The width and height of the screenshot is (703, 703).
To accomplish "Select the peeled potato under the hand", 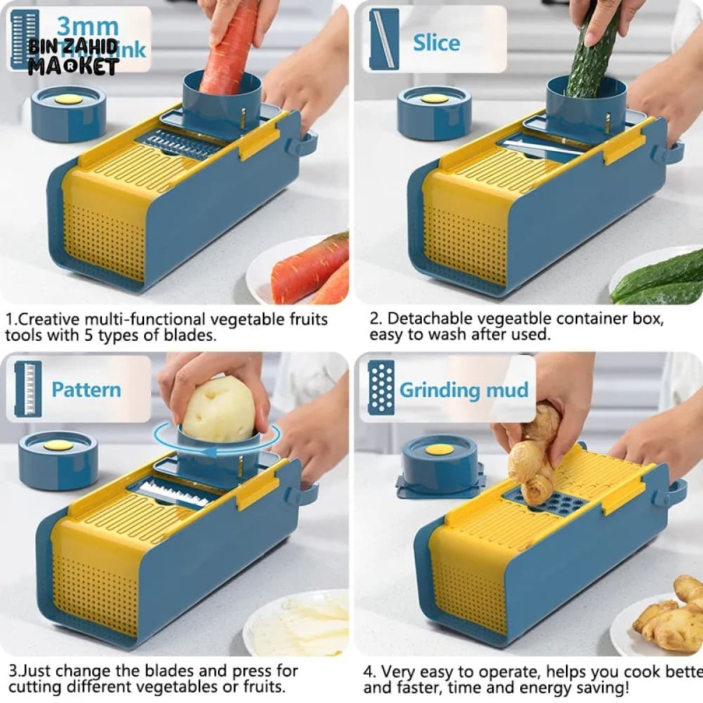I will point(219,410).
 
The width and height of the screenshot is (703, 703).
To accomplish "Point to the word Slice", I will point(436,42).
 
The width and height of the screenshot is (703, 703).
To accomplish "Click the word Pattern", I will point(86,389).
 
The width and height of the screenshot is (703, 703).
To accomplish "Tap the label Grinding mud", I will point(464,389).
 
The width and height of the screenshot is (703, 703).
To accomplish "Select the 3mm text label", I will point(87,27).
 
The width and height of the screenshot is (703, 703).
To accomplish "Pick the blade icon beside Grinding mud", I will point(381,387).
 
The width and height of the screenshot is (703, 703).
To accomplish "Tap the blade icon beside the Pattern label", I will point(28,387).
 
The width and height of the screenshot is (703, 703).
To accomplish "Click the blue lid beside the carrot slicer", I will point(68,112).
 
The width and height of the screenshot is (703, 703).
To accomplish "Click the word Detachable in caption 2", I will point(432,318).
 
